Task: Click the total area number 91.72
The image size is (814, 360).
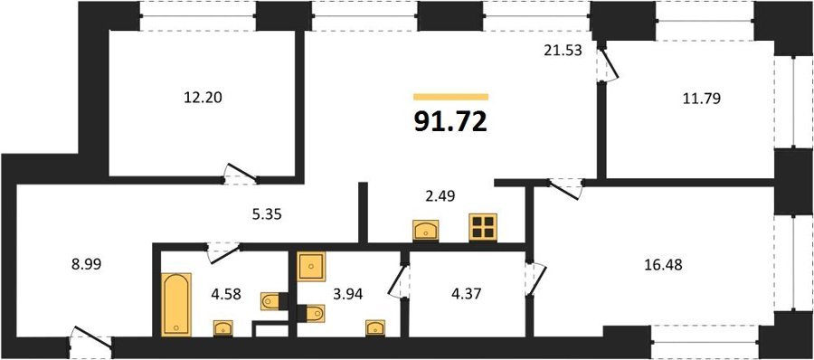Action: (450, 122)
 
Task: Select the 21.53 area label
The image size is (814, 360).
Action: (563, 51)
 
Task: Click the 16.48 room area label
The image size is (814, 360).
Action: (664, 265)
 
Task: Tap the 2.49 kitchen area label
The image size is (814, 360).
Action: (437, 197)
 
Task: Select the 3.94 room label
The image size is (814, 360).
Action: (348, 295)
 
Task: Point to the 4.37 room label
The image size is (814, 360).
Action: (467, 295)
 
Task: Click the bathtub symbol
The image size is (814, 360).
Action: (176, 305)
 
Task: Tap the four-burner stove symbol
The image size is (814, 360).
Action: (483, 228)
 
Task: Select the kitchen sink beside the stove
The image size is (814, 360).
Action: (426, 230)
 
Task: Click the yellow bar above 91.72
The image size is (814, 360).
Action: (451, 97)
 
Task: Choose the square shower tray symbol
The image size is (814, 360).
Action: (311, 267)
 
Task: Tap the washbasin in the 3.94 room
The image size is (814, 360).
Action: (374, 327)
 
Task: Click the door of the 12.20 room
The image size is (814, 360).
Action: (241, 174)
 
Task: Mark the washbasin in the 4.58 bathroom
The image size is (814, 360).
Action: (223, 328)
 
